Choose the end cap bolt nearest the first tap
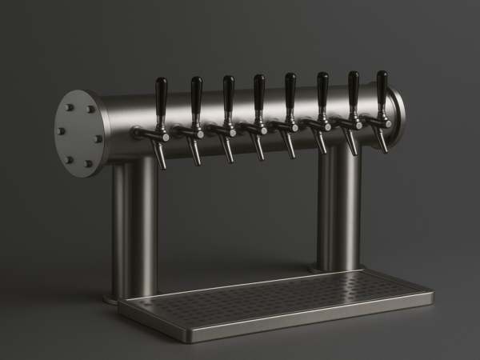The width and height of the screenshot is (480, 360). click(98, 138)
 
